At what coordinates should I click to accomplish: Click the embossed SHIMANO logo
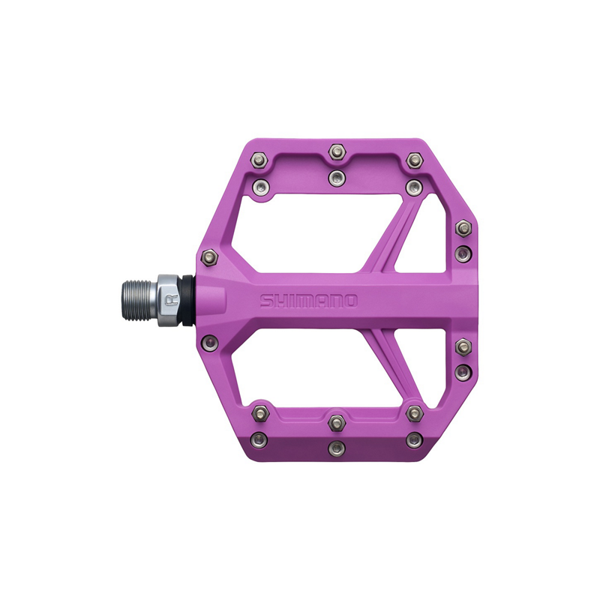pyautogui.click(x=309, y=301)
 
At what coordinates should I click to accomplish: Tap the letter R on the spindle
pyautogui.click(x=169, y=301)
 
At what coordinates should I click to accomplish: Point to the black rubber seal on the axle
pyautogui.click(x=187, y=301)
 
